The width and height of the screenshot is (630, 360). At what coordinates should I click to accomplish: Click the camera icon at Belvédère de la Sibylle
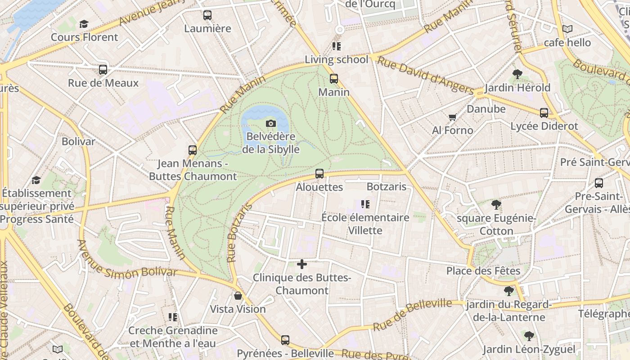270,123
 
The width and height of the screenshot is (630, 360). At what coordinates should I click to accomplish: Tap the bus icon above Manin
333,79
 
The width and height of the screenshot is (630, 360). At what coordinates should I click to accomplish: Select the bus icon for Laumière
207,15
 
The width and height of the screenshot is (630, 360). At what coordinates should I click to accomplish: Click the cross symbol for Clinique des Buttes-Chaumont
302,264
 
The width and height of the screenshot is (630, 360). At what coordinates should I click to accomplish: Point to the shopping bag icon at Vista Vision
238,296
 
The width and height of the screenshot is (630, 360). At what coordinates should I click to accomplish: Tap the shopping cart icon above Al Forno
452,117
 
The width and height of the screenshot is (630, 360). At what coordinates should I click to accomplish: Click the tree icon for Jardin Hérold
517,74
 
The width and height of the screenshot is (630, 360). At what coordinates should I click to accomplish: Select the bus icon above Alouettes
319,174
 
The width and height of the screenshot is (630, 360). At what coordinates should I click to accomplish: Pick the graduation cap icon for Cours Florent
84,24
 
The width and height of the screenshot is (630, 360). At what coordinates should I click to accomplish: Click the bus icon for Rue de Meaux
103,70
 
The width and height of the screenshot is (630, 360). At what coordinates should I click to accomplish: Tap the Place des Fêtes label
483,271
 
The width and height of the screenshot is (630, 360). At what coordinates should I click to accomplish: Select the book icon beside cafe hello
567,29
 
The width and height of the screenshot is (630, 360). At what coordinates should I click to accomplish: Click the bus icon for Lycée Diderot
544,113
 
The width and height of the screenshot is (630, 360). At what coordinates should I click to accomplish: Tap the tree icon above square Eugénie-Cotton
496,205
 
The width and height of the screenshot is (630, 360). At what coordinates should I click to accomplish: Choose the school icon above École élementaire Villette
365,204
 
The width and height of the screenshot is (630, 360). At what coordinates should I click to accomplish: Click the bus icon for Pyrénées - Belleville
285,340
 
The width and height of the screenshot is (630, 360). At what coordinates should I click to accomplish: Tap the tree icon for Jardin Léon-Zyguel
529,336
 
